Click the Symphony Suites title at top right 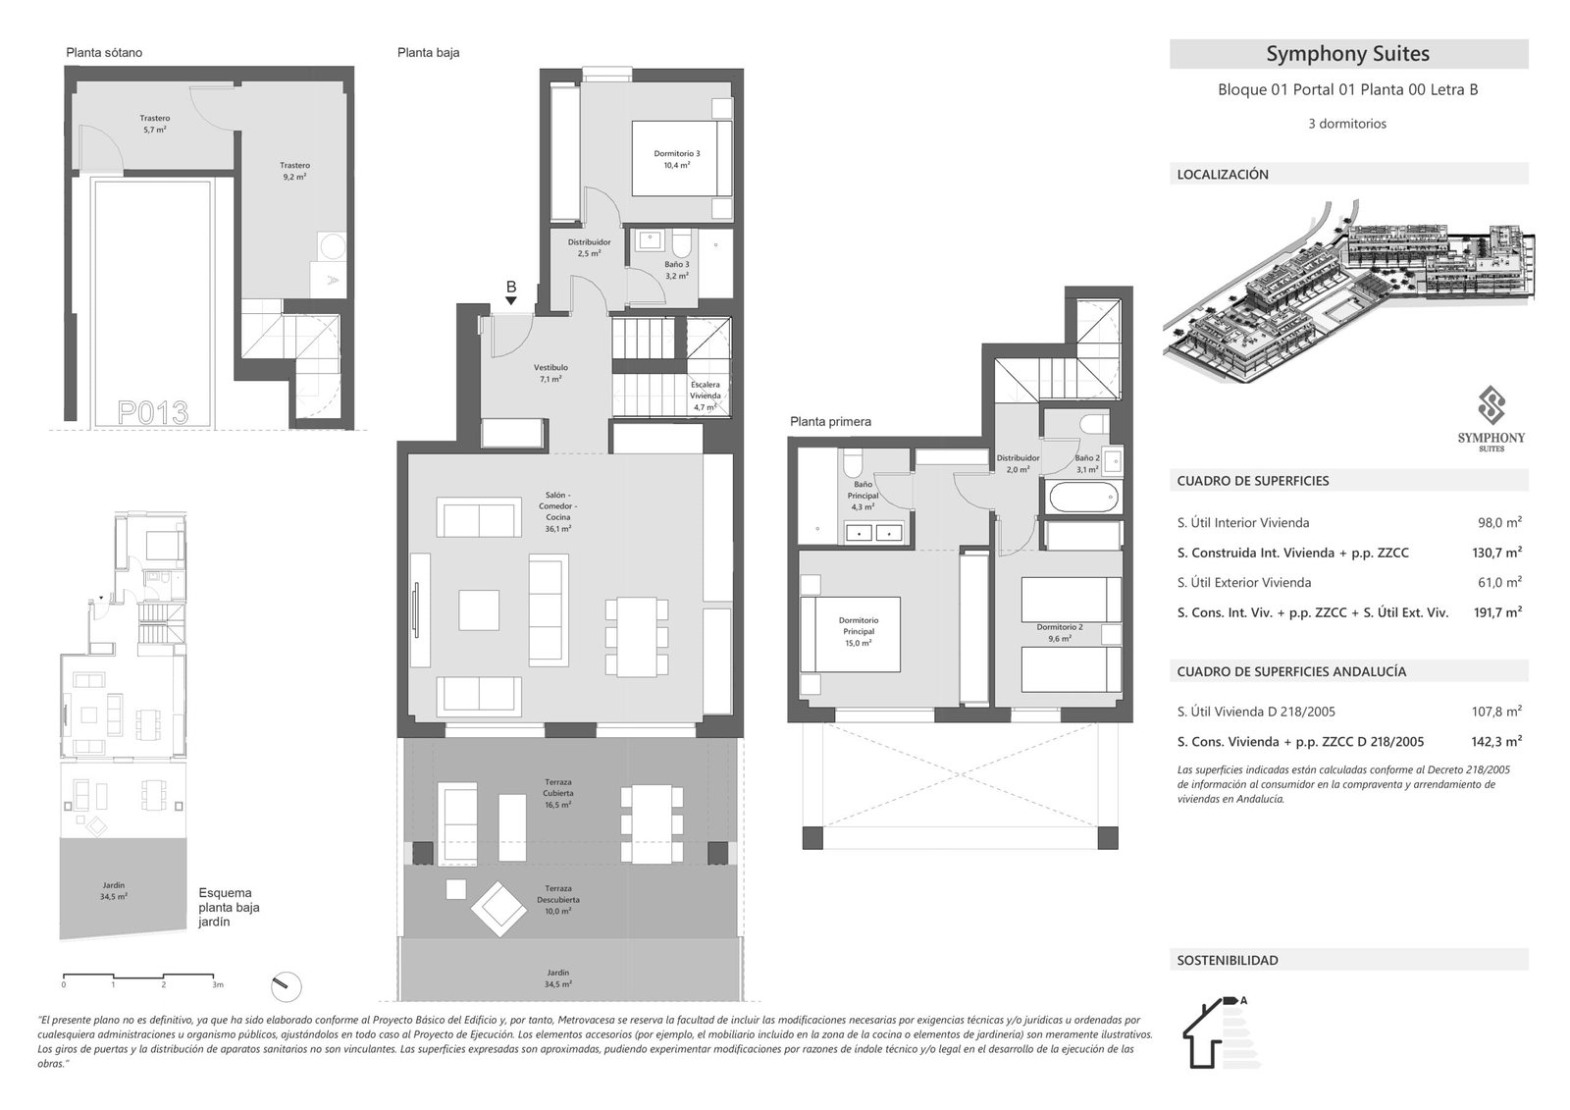(1347, 54)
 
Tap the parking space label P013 (152, 412)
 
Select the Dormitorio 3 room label (677, 159)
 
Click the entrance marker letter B (510, 288)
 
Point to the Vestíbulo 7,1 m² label (553, 373)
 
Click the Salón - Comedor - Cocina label (557, 511)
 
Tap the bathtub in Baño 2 (1083, 499)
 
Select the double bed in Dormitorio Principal (851, 634)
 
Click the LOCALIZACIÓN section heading (1223, 175)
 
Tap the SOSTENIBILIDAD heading (1228, 961)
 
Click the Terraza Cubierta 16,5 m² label (558, 793)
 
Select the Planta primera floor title (830, 422)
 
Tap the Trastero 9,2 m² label (294, 172)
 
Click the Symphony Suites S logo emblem (1491, 405)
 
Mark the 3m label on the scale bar (218, 984)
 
